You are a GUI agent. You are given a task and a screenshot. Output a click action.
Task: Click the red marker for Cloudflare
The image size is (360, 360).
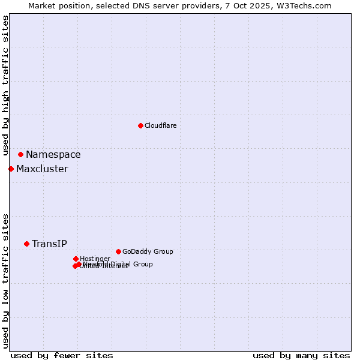pos(140,125)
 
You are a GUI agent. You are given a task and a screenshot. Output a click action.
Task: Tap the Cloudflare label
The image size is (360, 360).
pos(160,126)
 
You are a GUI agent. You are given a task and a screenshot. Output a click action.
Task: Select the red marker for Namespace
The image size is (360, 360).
pos(20,154)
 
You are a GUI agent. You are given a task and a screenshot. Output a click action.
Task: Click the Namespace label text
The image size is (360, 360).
pos(53,155)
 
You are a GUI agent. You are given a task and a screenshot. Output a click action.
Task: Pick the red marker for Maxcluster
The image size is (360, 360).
pos(11,169)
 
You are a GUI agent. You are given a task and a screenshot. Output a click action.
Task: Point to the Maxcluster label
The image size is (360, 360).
pos(42,169)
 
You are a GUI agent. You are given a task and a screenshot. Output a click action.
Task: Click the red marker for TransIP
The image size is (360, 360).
pos(26,244)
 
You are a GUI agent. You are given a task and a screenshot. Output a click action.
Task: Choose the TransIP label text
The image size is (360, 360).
pos(49,244)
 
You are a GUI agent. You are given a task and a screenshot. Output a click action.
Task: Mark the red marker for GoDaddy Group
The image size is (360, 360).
pos(118,251)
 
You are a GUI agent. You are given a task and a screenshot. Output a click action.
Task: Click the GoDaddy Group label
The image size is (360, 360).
pos(148,252)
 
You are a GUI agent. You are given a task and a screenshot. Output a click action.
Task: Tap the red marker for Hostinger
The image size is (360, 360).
pos(76,259)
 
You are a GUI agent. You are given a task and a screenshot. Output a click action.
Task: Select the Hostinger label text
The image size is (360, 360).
pos(95,259)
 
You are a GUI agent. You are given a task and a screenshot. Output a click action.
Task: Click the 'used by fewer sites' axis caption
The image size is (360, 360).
pos(62,355)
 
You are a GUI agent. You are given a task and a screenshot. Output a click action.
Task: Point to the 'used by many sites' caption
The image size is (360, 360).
pos(301,355)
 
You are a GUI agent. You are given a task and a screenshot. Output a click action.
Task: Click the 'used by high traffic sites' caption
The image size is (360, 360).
pos(5,85)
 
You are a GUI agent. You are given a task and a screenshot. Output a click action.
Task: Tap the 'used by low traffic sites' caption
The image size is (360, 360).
pos(5,280)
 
